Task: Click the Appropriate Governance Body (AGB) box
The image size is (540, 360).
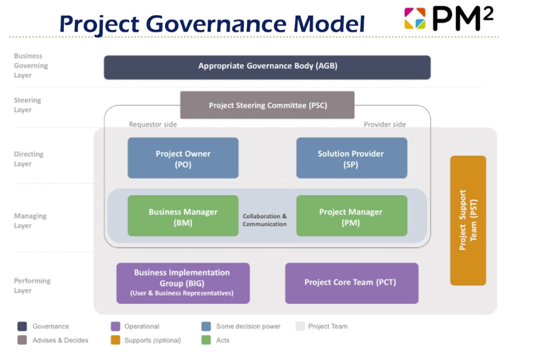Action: [x=267, y=67]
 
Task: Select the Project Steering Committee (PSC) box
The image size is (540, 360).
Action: [x=267, y=106]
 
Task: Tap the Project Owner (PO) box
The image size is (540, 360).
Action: [x=183, y=158]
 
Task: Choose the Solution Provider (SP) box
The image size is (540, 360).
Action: [x=351, y=158]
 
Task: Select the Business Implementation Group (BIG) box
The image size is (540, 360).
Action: [x=183, y=283]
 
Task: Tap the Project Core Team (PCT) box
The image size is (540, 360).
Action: [x=351, y=283]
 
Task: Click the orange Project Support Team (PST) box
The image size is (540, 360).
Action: [x=468, y=220]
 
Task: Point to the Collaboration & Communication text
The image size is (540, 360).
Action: [x=265, y=220]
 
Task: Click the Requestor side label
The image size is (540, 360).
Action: [x=153, y=125]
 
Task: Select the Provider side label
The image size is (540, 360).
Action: [x=384, y=125]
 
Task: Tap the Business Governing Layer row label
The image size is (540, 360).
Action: [x=31, y=65]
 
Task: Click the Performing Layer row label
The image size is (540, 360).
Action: [x=32, y=286]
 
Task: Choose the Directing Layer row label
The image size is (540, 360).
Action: [x=29, y=159]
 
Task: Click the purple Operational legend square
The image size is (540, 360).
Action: [x=116, y=327]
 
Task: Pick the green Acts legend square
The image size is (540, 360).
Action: [x=206, y=340]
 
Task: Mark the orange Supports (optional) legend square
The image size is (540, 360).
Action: [x=116, y=340]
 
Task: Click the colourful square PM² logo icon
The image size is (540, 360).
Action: [x=415, y=18]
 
